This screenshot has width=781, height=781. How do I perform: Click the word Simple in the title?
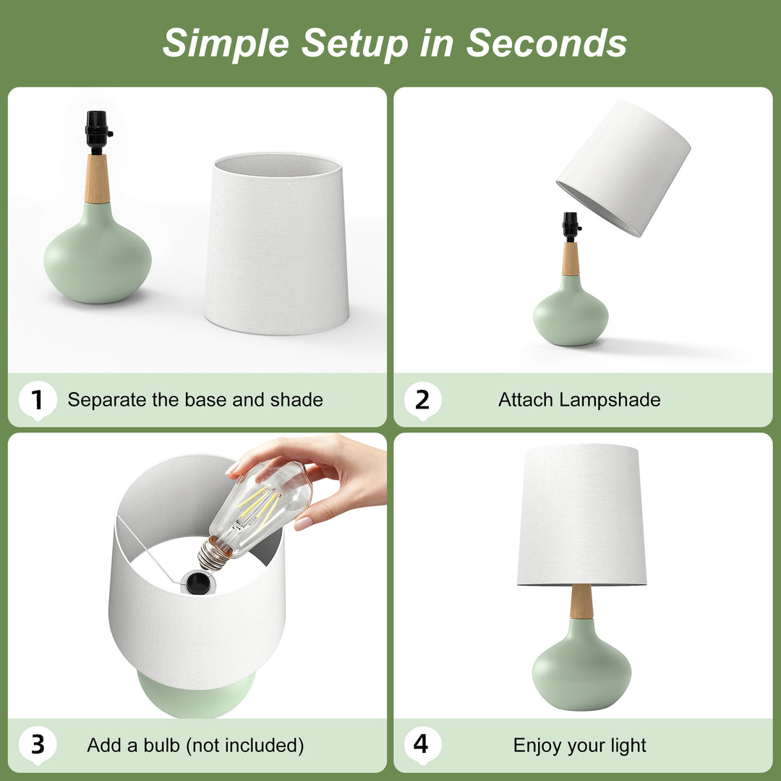[226, 43]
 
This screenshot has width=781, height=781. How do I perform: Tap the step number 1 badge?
[37, 400]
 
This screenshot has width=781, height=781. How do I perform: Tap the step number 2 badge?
[422, 400]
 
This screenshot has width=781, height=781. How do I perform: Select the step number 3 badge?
[37, 745]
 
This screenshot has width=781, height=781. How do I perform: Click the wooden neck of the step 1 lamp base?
[97, 179]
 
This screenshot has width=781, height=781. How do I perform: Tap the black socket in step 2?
[571, 226]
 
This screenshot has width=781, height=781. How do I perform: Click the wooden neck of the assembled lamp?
[581, 602]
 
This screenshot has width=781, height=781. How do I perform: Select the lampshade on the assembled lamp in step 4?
[581, 515]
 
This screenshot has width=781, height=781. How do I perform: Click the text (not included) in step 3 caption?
[244, 745]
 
